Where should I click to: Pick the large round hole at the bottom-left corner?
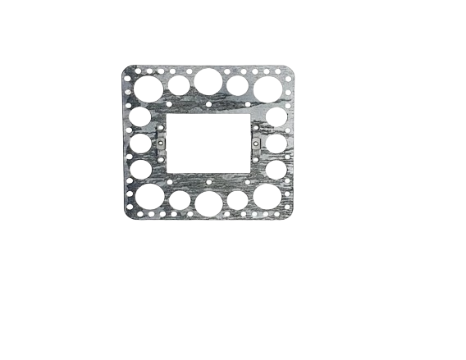click(149, 198)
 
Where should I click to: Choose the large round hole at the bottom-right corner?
click(267, 197)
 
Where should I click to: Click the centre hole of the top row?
click(208, 81)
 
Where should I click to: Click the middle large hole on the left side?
click(141, 143)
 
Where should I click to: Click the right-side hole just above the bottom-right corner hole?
click(276, 169)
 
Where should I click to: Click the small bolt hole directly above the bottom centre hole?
click(208, 183)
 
